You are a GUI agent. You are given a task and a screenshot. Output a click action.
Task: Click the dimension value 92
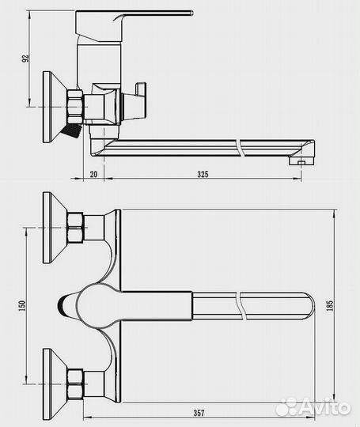pyautogui.click(x=25, y=59)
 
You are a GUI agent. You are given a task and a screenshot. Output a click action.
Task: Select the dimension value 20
pyautogui.click(x=93, y=174)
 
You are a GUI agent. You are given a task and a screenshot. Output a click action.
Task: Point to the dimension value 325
pyautogui.click(x=203, y=174)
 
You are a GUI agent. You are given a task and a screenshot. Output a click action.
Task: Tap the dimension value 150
pyautogui.click(x=22, y=305)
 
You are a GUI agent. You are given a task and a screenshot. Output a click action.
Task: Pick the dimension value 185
pyautogui.click(x=329, y=305)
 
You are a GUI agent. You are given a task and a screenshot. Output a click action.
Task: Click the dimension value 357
pyautogui.click(x=199, y=413)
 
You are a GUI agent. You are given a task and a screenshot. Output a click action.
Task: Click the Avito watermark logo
pyautogui.click(x=313, y=407)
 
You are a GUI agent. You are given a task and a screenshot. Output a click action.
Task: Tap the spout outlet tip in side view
pyautogui.click(x=301, y=163)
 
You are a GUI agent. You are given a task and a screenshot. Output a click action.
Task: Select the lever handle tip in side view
pyautogui.click(x=191, y=13)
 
